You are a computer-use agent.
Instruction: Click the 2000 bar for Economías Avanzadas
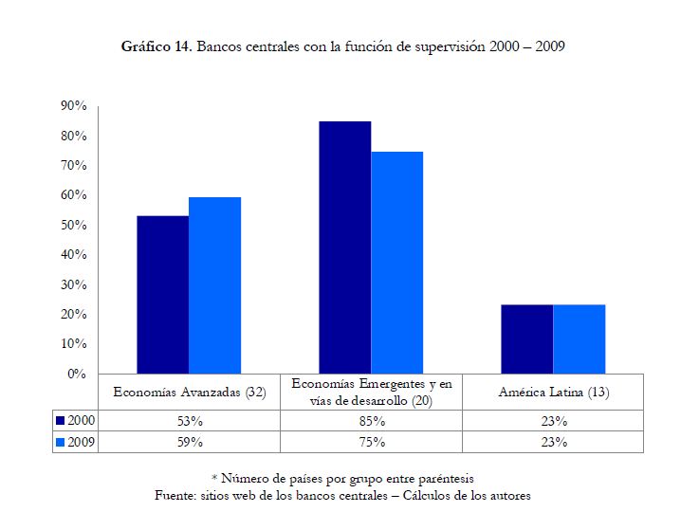163,295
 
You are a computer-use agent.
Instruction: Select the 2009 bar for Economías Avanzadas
215,285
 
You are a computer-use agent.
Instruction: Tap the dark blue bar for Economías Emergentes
345,247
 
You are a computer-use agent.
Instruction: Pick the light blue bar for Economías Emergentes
397,263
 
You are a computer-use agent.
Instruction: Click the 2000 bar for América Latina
527,339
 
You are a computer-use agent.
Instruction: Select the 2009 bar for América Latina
580,339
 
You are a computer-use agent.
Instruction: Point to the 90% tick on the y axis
74,105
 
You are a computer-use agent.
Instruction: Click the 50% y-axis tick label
74,225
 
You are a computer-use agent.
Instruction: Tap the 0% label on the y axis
77,374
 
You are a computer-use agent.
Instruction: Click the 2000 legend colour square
61,421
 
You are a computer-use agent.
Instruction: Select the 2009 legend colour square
61,442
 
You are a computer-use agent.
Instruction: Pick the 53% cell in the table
190,421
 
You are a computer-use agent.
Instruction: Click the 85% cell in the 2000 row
372,421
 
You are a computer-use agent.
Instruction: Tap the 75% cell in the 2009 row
372,442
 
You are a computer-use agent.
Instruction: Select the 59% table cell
190,442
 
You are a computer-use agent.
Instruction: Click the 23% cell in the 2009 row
554,442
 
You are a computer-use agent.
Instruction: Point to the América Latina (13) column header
554,393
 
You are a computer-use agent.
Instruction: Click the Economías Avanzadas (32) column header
190,393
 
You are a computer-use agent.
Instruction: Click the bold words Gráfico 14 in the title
156,46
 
